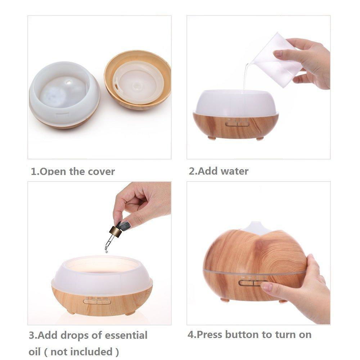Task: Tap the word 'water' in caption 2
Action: [234, 171]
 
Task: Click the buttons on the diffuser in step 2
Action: [237, 124]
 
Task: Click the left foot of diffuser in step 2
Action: [212, 138]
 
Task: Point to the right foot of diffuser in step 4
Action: [284, 301]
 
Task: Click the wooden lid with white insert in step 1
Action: [138, 80]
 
